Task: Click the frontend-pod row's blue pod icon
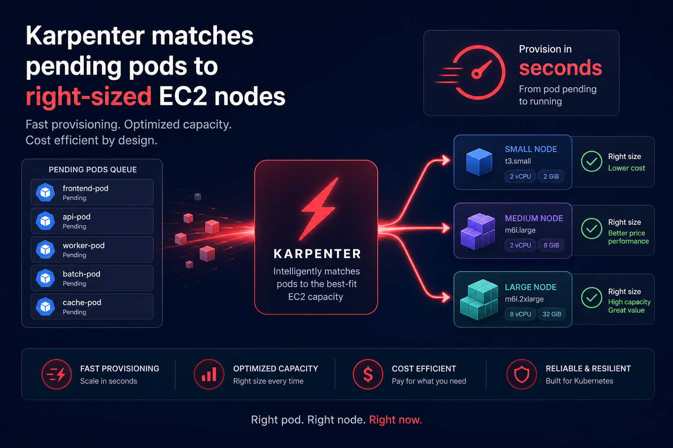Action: [46, 192]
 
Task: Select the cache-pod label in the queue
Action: [82, 302]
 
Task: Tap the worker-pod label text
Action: [84, 245]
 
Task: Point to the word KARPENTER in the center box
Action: [317, 254]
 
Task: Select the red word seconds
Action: [561, 68]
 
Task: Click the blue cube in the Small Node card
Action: [479, 162]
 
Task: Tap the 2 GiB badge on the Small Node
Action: [551, 176]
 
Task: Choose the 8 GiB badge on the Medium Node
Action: [551, 245]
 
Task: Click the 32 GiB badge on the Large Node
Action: [552, 314]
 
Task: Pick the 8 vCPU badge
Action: [520, 314]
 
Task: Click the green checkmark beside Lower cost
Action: [591, 161]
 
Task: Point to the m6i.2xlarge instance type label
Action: [524, 299]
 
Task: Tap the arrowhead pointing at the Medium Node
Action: [446, 228]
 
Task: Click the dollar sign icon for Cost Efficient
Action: [368, 374]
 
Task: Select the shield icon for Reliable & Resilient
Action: [521, 374]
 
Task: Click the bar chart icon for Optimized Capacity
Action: [209, 374]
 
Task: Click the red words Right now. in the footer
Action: [395, 420]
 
